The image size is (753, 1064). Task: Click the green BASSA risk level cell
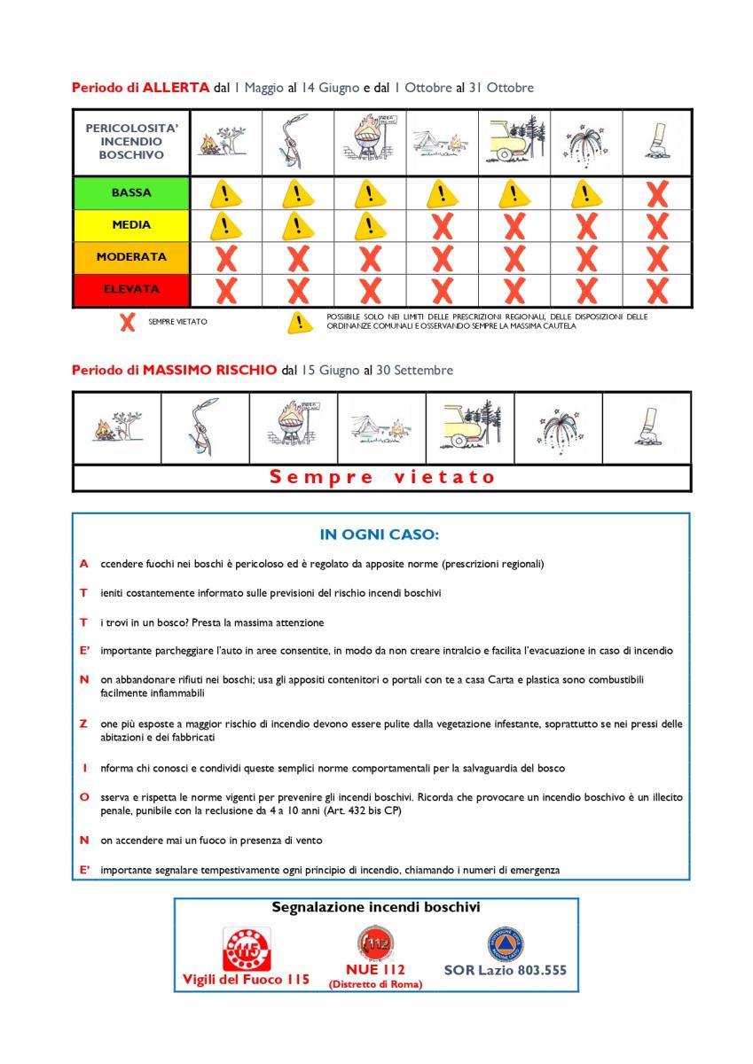131,192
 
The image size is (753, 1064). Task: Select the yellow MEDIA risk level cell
131,225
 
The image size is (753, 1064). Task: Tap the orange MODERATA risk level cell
131,257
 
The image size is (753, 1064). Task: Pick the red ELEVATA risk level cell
131,289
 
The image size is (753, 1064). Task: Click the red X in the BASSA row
656,193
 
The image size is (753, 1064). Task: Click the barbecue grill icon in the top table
369,142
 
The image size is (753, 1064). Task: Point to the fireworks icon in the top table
584,142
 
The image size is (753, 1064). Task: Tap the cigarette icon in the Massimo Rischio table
646,428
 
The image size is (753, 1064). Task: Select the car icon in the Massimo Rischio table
468,426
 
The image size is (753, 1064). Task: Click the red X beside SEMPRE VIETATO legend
128,322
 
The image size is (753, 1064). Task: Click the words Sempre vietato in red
381,477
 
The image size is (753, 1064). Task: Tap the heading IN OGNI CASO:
380,535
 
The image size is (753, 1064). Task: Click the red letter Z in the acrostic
83,724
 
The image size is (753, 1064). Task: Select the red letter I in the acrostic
83,768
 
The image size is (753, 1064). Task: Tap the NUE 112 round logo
376,943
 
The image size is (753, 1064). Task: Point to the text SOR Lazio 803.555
505,970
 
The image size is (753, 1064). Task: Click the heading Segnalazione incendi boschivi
375,908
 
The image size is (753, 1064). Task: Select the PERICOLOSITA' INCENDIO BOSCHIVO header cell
131,142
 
